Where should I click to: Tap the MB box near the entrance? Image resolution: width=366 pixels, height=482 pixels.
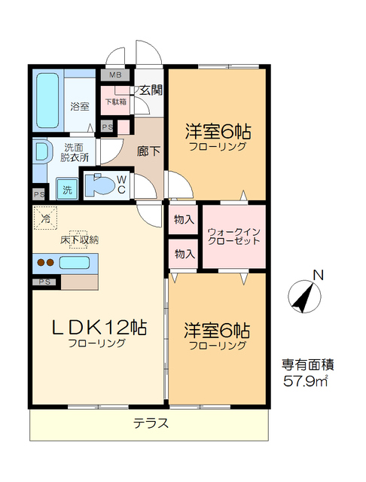(x=115, y=75)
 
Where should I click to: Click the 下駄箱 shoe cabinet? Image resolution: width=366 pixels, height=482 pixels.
(x=115, y=102)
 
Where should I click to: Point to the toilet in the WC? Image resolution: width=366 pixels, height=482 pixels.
(x=98, y=185)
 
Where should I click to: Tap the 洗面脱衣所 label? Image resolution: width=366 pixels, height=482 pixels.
(x=75, y=153)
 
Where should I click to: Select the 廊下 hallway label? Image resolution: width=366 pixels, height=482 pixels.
(x=148, y=151)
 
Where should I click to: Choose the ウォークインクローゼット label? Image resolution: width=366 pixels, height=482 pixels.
(x=233, y=236)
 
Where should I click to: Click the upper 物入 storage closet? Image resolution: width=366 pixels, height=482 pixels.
(x=183, y=219)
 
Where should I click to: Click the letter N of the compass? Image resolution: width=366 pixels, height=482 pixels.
(x=319, y=275)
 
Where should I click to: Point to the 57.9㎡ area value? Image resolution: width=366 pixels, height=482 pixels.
(x=306, y=382)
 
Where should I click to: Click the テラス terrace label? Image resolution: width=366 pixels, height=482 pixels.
(x=151, y=423)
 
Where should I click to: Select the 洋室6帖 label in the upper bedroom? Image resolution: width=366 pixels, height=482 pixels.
(x=218, y=133)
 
